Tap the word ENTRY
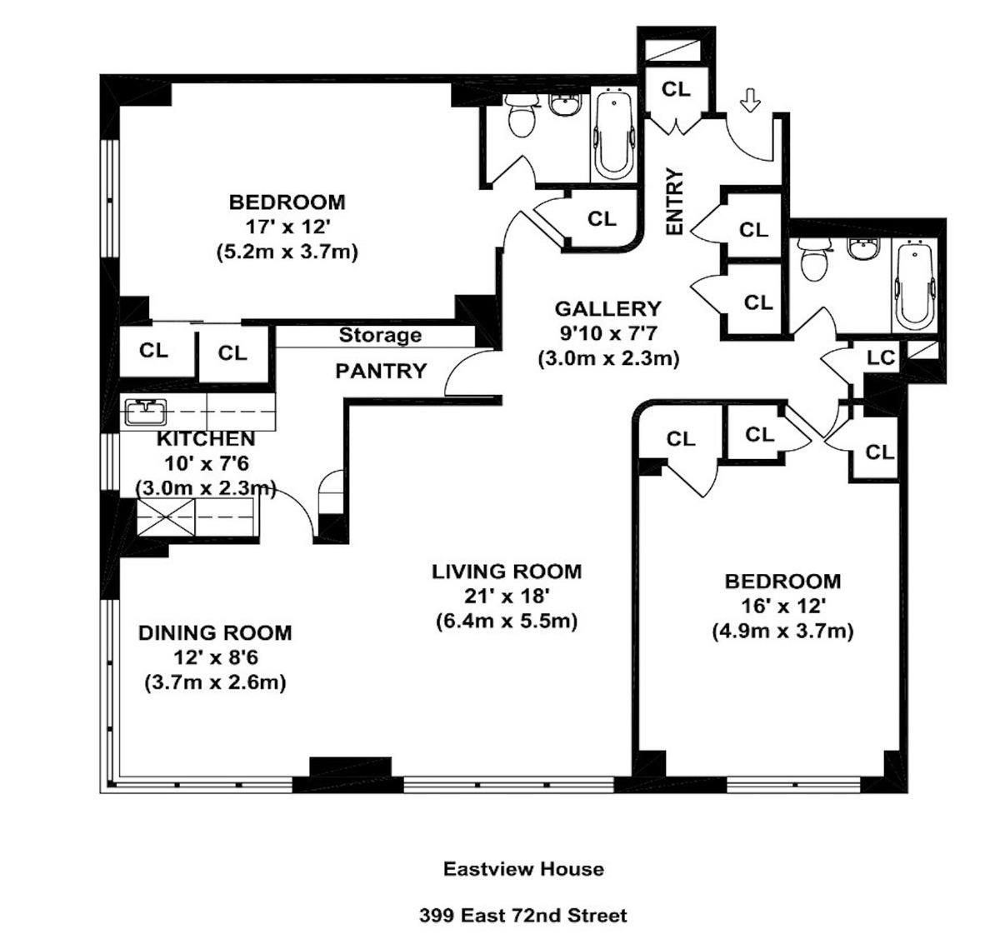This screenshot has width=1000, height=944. pyautogui.click(x=674, y=202)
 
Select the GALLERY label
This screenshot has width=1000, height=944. pyautogui.click(x=607, y=308)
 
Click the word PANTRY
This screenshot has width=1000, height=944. pyautogui.click(x=381, y=371)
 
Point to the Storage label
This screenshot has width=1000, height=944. pyautogui.click(x=380, y=335)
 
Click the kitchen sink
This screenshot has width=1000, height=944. pyautogui.click(x=146, y=412)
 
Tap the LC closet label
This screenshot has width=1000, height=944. pyautogui.click(x=881, y=358)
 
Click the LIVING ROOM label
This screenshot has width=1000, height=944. pyautogui.click(x=507, y=572)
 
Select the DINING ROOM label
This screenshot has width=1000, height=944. pyautogui.click(x=215, y=633)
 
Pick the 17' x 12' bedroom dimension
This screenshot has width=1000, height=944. pyautogui.click(x=287, y=227)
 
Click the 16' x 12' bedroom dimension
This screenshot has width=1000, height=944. pyautogui.click(x=782, y=607)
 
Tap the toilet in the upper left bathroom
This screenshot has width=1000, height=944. pyautogui.click(x=520, y=115)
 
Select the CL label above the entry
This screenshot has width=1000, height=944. pyautogui.click(x=676, y=89)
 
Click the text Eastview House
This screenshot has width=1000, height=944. pyautogui.click(x=523, y=868)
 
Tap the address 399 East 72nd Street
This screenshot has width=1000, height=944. pyautogui.click(x=523, y=914)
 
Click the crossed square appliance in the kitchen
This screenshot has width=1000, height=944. pyautogui.click(x=166, y=517)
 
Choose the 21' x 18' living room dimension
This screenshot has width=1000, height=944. pyautogui.click(x=506, y=596)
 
